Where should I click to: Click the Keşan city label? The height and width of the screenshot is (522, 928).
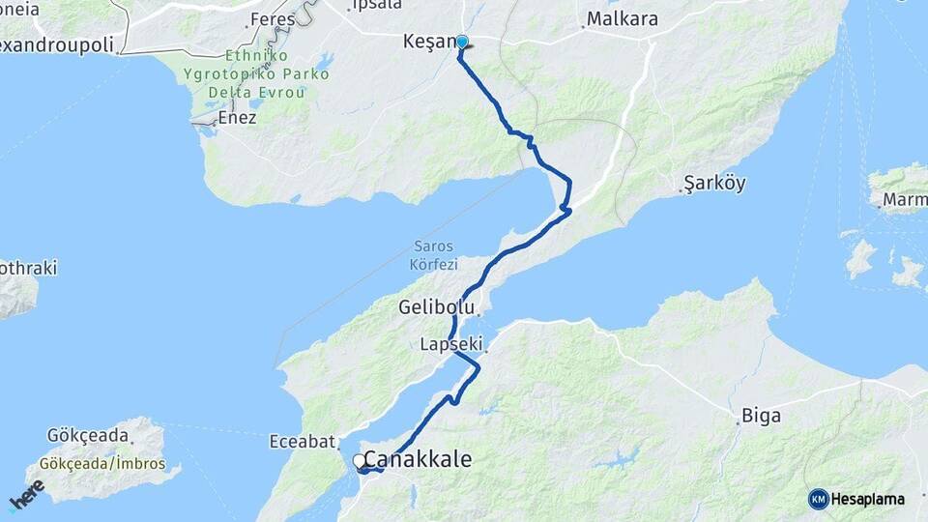coord(427,43)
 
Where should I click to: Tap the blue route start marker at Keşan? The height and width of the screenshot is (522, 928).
coord(462,42)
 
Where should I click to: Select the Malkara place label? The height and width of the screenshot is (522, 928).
coord(622,19)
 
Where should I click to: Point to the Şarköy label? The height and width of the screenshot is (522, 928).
coord(714,184)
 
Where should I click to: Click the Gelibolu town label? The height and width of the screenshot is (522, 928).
coord(436,307)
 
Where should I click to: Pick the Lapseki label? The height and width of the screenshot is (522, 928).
coord(451,344)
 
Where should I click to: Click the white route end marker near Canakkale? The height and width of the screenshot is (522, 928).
coord(359,461)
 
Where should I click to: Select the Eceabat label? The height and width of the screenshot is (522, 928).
coord(302,443)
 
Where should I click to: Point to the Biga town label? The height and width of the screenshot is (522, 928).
coord(761,417)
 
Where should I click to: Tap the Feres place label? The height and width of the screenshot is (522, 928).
coord(272,19)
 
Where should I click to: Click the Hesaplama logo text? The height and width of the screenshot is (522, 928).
coord(868,499)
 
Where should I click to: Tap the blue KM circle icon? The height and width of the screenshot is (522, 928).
coord(818,499)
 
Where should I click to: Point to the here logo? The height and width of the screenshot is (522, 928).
coord(26,494)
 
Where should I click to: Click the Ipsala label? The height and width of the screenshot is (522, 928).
coord(377,5)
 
